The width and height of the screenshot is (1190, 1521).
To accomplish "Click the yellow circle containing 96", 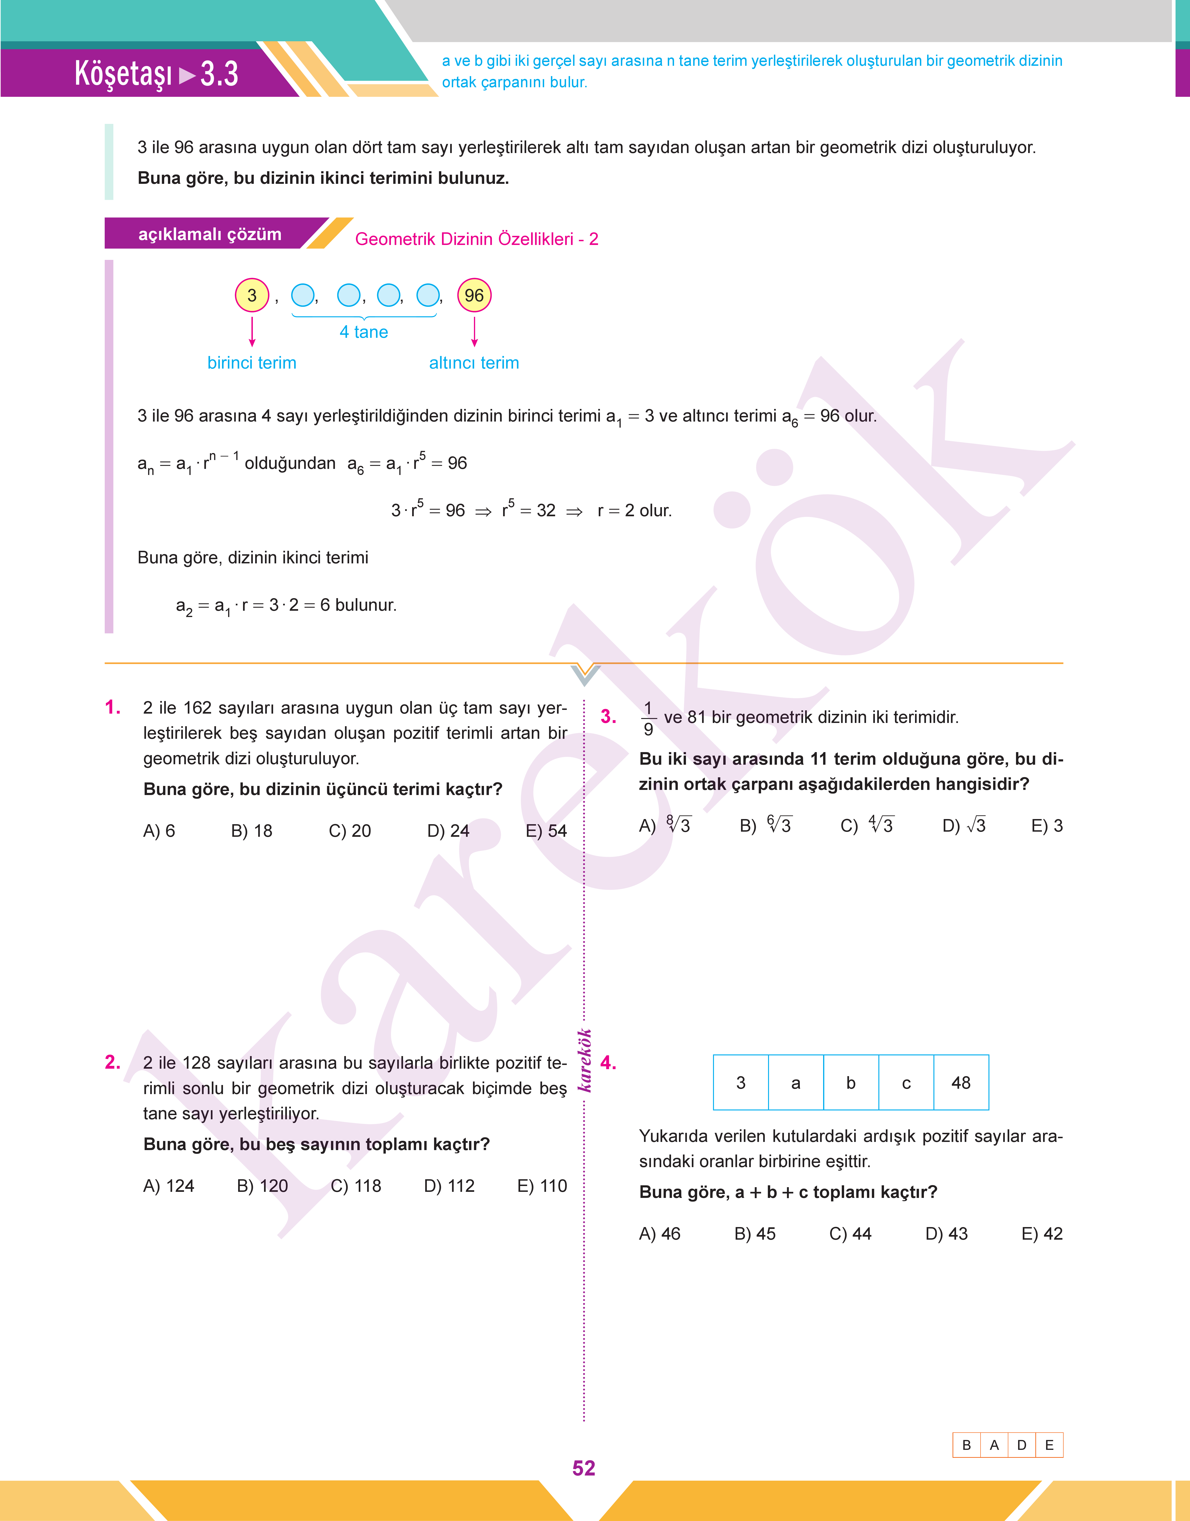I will click(474, 295).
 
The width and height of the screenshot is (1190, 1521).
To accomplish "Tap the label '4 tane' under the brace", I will click(364, 332).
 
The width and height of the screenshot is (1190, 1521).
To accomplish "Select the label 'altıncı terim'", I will click(474, 363).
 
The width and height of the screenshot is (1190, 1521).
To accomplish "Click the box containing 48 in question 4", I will click(961, 1083).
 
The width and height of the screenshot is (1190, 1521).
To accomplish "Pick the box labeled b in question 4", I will click(851, 1083).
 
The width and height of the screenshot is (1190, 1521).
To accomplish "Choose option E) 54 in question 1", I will click(546, 831).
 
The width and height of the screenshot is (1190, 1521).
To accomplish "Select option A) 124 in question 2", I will click(169, 1186).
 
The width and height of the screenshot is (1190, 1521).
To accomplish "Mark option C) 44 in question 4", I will click(850, 1234).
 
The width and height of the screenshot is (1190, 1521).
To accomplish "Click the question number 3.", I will click(608, 717).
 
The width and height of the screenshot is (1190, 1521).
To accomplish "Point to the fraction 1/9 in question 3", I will click(648, 718).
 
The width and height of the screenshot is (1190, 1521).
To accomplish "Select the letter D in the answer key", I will click(1021, 1445).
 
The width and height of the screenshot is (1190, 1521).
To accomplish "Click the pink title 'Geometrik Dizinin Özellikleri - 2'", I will click(477, 239).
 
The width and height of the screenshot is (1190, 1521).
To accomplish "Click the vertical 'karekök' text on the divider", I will click(585, 1061).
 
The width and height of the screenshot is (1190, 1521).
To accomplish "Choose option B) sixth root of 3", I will click(766, 826).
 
